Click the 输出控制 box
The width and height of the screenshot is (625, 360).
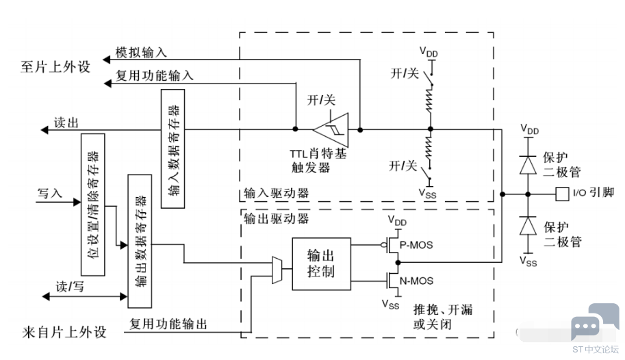(321, 264)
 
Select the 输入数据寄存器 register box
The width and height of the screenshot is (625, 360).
(173, 149)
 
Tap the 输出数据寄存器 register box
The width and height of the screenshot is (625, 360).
(140, 241)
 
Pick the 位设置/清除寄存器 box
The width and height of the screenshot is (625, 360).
(93, 205)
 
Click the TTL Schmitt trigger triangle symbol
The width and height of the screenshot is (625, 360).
(331, 129)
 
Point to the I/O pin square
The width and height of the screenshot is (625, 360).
(562, 194)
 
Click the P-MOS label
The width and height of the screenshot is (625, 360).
(416, 245)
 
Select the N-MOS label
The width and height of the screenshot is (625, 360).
(416, 281)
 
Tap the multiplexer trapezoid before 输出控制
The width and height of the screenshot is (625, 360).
(277, 270)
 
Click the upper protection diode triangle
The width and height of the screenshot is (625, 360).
(528, 165)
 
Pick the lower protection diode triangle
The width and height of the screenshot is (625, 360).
(528, 226)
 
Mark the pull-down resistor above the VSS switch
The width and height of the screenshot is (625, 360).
(429, 148)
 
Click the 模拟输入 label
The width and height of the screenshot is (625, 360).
(141, 52)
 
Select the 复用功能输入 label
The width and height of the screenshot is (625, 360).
(155, 75)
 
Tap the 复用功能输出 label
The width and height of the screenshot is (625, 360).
(168, 324)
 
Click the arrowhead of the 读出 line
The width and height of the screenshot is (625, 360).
(44, 130)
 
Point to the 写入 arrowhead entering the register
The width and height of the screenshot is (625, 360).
(77, 202)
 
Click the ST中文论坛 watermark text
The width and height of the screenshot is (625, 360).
(596, 350)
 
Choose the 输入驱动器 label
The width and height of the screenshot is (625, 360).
(277, 193)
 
